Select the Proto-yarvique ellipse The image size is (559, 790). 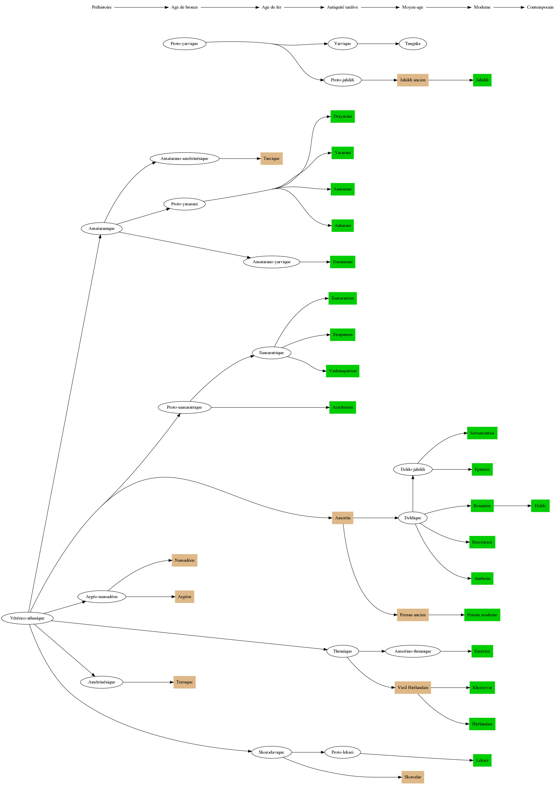(x=185, y=44)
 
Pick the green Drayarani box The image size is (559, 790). (x=342, y=116)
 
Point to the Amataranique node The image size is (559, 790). (x=101, y=229)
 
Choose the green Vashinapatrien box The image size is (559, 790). (x=342, y=371)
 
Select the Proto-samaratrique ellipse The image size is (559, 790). (x=185, y=408)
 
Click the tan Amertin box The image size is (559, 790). (x=342, y=518)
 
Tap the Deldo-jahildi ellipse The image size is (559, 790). (x=413, y=470)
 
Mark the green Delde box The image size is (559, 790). (x=540, y=506)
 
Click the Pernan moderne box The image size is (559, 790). (x=482, y=615)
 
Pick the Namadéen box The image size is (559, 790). (x=185, y=560)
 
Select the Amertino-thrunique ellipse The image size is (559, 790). (x=413, y=651)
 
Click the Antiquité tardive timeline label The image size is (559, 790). (x=342, y=7)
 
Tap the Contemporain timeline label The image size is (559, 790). (x=540, y=7)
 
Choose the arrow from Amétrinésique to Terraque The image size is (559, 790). (x=148, y=682)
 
